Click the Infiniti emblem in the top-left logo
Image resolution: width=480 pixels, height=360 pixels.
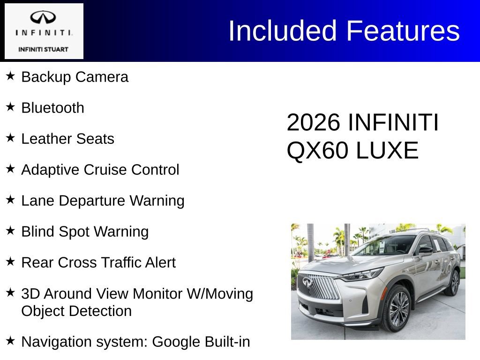[43, 18]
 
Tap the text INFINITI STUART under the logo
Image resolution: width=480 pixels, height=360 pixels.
[43, 49]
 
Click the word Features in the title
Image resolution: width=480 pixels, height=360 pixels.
[403, 31]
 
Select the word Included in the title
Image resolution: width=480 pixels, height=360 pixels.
[283, 31]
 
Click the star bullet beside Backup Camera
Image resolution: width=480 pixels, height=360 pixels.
[10, 76]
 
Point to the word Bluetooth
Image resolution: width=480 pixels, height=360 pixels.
[53, 108]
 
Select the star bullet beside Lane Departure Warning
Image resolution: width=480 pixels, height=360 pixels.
[10, 200]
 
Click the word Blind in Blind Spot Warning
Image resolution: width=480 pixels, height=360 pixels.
[37, 232]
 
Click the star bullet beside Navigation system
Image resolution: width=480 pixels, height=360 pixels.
[10, 341]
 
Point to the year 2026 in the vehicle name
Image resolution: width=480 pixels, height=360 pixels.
[313, 123]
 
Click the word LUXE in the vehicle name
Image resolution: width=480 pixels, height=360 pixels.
[387, 151]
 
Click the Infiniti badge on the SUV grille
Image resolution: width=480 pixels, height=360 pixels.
[307, 282]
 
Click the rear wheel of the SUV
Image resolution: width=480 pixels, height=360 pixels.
[454, 283]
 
